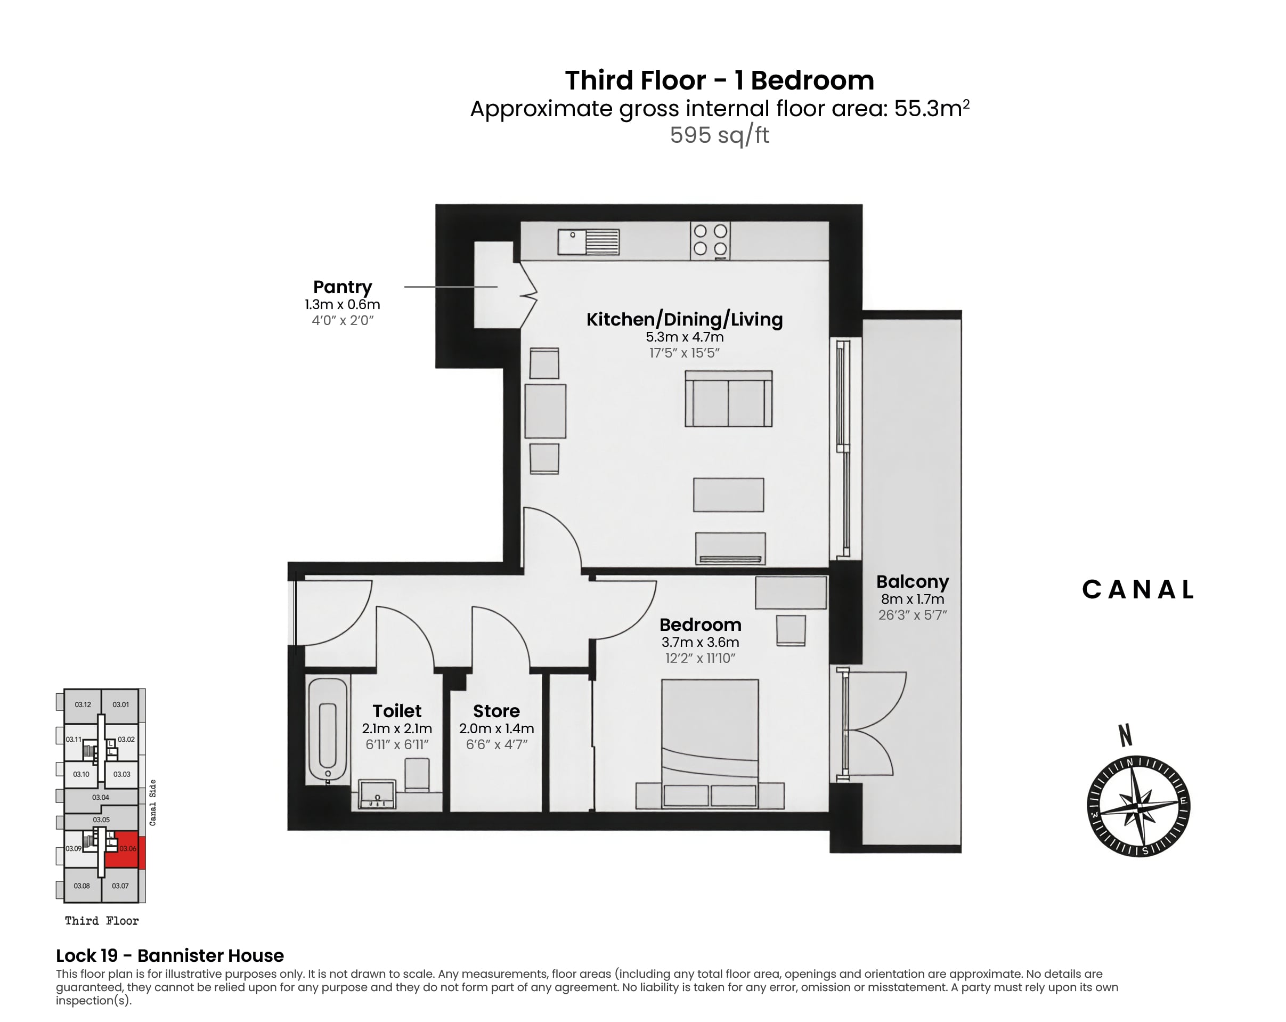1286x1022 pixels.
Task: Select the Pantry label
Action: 343,287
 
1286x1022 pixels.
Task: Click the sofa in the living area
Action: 728,399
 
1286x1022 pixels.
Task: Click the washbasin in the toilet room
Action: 377,794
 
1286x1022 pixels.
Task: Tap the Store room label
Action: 497,711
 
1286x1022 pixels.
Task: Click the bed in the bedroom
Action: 710,743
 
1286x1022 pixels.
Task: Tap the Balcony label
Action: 913,582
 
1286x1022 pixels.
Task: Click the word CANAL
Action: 1138,589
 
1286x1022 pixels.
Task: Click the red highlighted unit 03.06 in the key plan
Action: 125,849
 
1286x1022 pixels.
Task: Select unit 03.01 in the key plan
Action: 120,704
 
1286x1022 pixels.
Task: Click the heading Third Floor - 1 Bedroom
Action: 719,80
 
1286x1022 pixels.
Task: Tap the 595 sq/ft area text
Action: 719,135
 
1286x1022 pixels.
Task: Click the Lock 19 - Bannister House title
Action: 170,956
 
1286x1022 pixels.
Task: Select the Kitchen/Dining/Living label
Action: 685,319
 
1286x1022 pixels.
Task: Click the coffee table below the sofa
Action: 728,494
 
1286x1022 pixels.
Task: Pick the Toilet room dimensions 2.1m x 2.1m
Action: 397,728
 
